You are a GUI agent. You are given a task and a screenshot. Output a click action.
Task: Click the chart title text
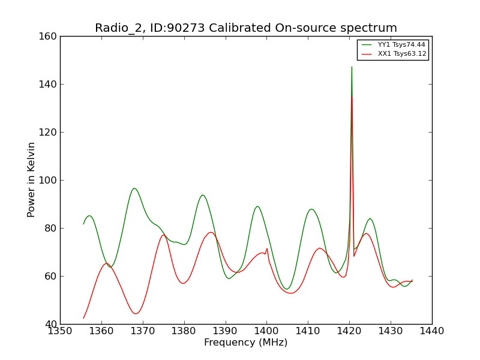click(x=246, y=28)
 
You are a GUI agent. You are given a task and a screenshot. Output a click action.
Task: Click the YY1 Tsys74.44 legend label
click(x=401, y=44)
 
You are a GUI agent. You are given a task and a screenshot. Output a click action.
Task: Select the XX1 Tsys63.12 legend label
click(x=402, y=54)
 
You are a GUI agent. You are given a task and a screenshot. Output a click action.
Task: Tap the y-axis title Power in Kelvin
click(x=31, y=180)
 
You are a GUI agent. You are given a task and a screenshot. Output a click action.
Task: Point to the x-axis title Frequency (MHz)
click(x=246, y=342)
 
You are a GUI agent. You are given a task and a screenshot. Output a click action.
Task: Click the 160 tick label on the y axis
click(x=48, y=37)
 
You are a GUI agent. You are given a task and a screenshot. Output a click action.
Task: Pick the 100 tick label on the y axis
click(x=48, y=181)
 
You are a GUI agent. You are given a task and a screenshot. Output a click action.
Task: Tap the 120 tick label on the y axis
click(x=48, y=132)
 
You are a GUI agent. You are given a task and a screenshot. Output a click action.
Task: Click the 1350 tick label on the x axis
click(x=61, y=331)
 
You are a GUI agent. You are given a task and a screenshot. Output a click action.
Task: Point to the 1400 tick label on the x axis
click(x=266, y=331)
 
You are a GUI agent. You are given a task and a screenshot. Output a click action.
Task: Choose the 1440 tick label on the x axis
click(x=432, y=331)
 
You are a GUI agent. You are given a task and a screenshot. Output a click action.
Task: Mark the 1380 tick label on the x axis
click(x=184, y=331)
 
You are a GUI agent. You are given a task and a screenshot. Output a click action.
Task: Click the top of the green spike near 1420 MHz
click(x=352, y=67)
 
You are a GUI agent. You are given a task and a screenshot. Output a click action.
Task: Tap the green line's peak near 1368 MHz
click(x=134, y=188)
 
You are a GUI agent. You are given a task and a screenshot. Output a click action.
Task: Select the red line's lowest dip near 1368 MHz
click(x=135, y=314)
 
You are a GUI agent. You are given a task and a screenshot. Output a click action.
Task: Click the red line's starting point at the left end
click(x=83, y=319)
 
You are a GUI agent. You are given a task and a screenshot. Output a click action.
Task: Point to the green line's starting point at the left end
click(x=83, y=224)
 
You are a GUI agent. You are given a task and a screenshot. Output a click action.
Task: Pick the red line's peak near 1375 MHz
click(x=164, y=235)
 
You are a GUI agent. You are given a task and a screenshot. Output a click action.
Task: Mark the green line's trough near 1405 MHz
click(x=287, y=289)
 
